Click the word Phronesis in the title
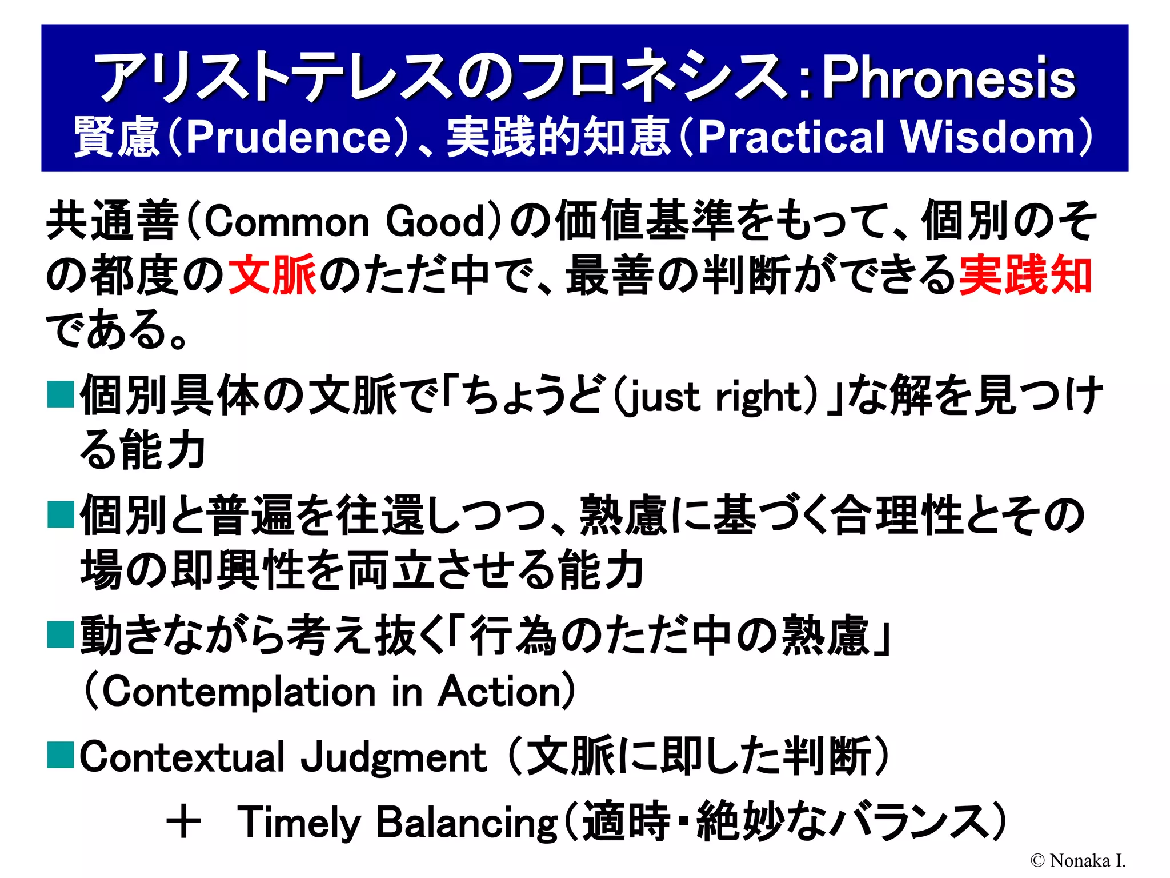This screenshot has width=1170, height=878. tap(948, 78)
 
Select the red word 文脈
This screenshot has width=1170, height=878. tap(273, 276)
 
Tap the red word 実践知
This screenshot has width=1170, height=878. tap(1025, 276)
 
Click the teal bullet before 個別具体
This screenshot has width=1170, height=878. tap(61, 395)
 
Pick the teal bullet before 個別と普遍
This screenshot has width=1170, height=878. tap(61, 514)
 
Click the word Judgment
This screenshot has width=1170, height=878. tap(394, 757)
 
